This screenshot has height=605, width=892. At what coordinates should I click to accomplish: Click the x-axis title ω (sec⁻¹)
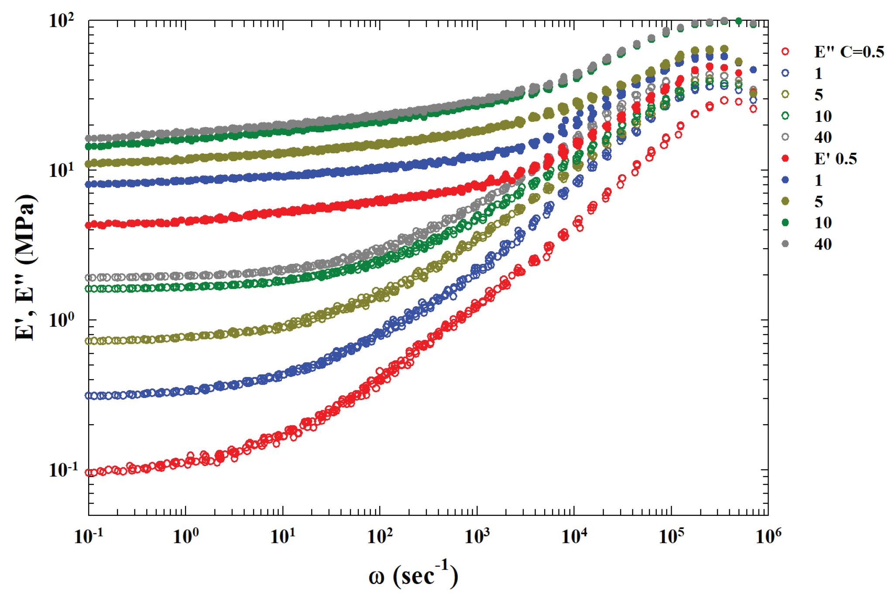(x=413, y=576)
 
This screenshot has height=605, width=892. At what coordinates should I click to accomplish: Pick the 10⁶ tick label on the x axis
(x=768, y=536)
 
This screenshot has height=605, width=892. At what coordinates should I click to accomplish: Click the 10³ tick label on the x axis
(x=477, y=536)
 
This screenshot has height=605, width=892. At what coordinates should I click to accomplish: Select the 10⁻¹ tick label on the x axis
(x=89, y=536)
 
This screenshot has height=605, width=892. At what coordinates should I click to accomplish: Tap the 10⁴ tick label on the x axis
(x=574, y=536)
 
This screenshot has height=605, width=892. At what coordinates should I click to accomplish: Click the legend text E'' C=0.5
(x=849, y=52)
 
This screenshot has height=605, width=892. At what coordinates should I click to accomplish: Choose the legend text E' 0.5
(x=835, y=159)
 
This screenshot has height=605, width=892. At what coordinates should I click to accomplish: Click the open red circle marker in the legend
(x=785, y=52)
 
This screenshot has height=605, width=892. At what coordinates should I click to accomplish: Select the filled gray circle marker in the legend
(x=785, y=244)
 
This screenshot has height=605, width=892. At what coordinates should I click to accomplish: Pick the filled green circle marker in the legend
(x=785, y=223)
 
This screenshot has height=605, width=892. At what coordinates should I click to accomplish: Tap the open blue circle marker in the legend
(x=785, y=73)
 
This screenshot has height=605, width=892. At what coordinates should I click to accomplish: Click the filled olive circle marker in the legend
(x=785, y=201)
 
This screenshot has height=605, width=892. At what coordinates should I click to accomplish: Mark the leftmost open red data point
(x=89, y=473)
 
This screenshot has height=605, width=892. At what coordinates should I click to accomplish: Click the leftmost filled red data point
(x=89, y=225)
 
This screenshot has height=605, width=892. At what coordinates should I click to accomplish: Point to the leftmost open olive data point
(x=89, y=341)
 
